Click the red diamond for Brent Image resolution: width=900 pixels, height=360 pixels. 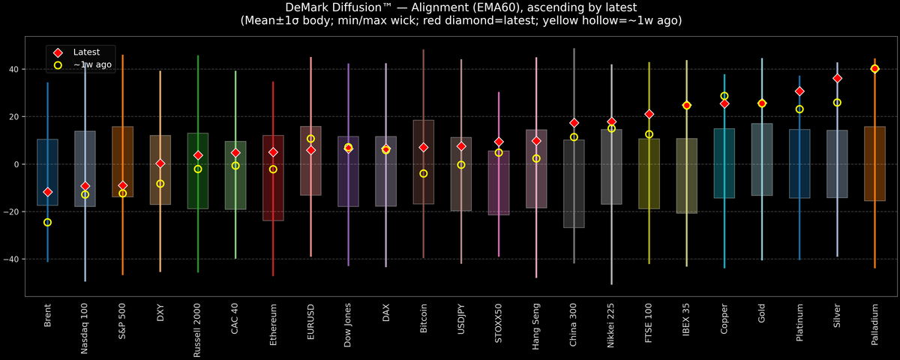[x=48, y=192]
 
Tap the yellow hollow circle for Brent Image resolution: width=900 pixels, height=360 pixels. [x=48, y=222]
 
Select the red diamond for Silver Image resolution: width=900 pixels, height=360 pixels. [x=837, y=78]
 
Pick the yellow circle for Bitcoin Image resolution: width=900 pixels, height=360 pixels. [x=424, y=173]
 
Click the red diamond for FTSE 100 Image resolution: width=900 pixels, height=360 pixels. [x=649, y=114]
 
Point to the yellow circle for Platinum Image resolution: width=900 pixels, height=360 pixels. [x=799, y=109]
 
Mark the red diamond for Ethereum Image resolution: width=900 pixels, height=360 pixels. [x=273, y=152]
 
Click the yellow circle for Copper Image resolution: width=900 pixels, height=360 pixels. [x=724, y=96]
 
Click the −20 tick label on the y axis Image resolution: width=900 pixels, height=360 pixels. [x=11, y=211]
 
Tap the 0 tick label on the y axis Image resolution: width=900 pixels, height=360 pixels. [x=16, y=164]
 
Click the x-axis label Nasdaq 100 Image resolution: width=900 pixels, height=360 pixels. [x=85, y=328]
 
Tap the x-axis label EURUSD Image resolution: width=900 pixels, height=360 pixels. [x=310, y=323]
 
